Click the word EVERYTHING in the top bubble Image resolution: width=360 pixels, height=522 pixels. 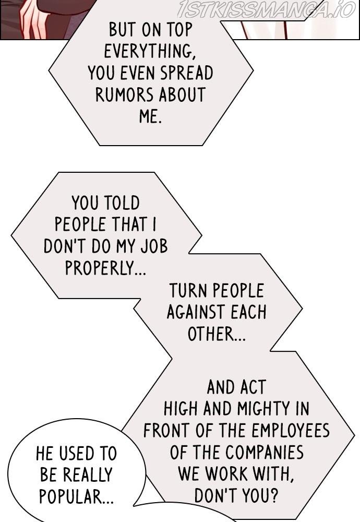pos(148,52)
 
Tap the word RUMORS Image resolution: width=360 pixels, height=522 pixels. pos(125,95)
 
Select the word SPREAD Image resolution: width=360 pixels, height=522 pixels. pos(187,73)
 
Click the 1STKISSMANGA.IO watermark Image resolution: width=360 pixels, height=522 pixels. pos(267,9)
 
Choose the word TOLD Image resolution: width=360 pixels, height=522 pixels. pos(122,203)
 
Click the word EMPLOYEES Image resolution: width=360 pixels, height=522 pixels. pos(291,431)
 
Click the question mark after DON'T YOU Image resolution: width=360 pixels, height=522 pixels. pos(273,496)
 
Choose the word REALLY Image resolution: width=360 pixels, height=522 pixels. pos(88,475)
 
